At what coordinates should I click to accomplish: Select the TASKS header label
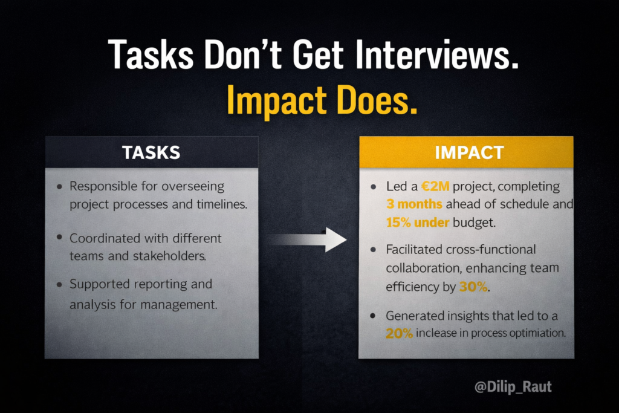tap(151, 152)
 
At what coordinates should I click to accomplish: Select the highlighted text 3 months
tap(418, 204)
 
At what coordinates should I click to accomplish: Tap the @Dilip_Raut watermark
tap(513, 386)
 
